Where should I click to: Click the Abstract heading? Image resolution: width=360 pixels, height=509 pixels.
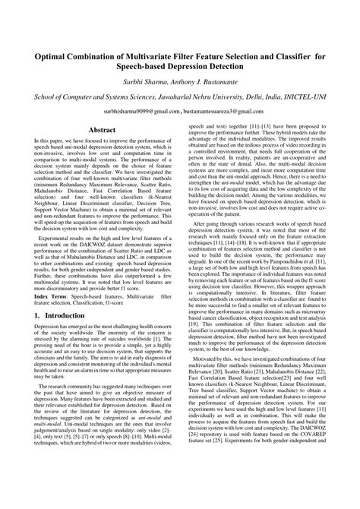pyautogui.click(x=103, y=130)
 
